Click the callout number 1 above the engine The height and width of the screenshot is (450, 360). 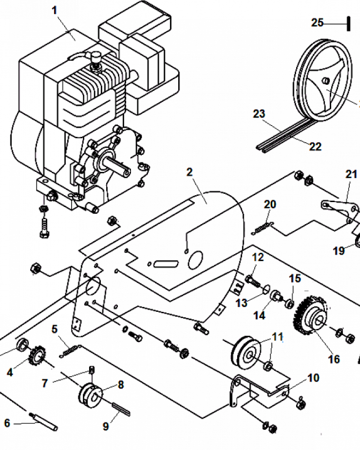[54, 11]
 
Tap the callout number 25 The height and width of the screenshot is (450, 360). [317, 22]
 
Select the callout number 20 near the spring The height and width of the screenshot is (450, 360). [270, 204]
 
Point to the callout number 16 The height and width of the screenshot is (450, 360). [334, 359]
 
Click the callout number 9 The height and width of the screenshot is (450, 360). [106, 427]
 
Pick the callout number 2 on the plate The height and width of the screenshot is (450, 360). [189, 172]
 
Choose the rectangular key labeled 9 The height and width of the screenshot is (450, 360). [121, 409]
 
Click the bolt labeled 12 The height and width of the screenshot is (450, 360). [252, 280]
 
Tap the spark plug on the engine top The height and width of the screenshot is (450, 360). [95, 60]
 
